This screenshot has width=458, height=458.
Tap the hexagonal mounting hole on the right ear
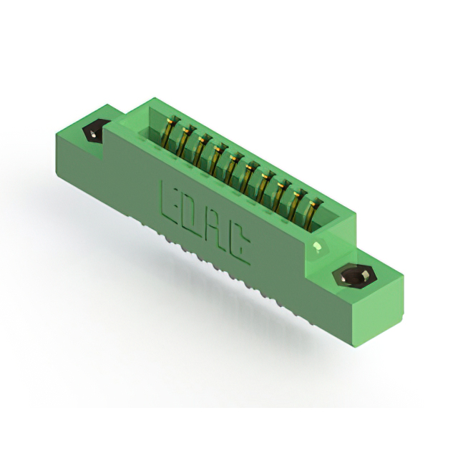click(354, 276)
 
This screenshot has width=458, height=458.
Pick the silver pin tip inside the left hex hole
click(93, 135)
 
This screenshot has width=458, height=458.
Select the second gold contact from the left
click(185, 142)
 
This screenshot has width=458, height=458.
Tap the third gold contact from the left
click(201, 151)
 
